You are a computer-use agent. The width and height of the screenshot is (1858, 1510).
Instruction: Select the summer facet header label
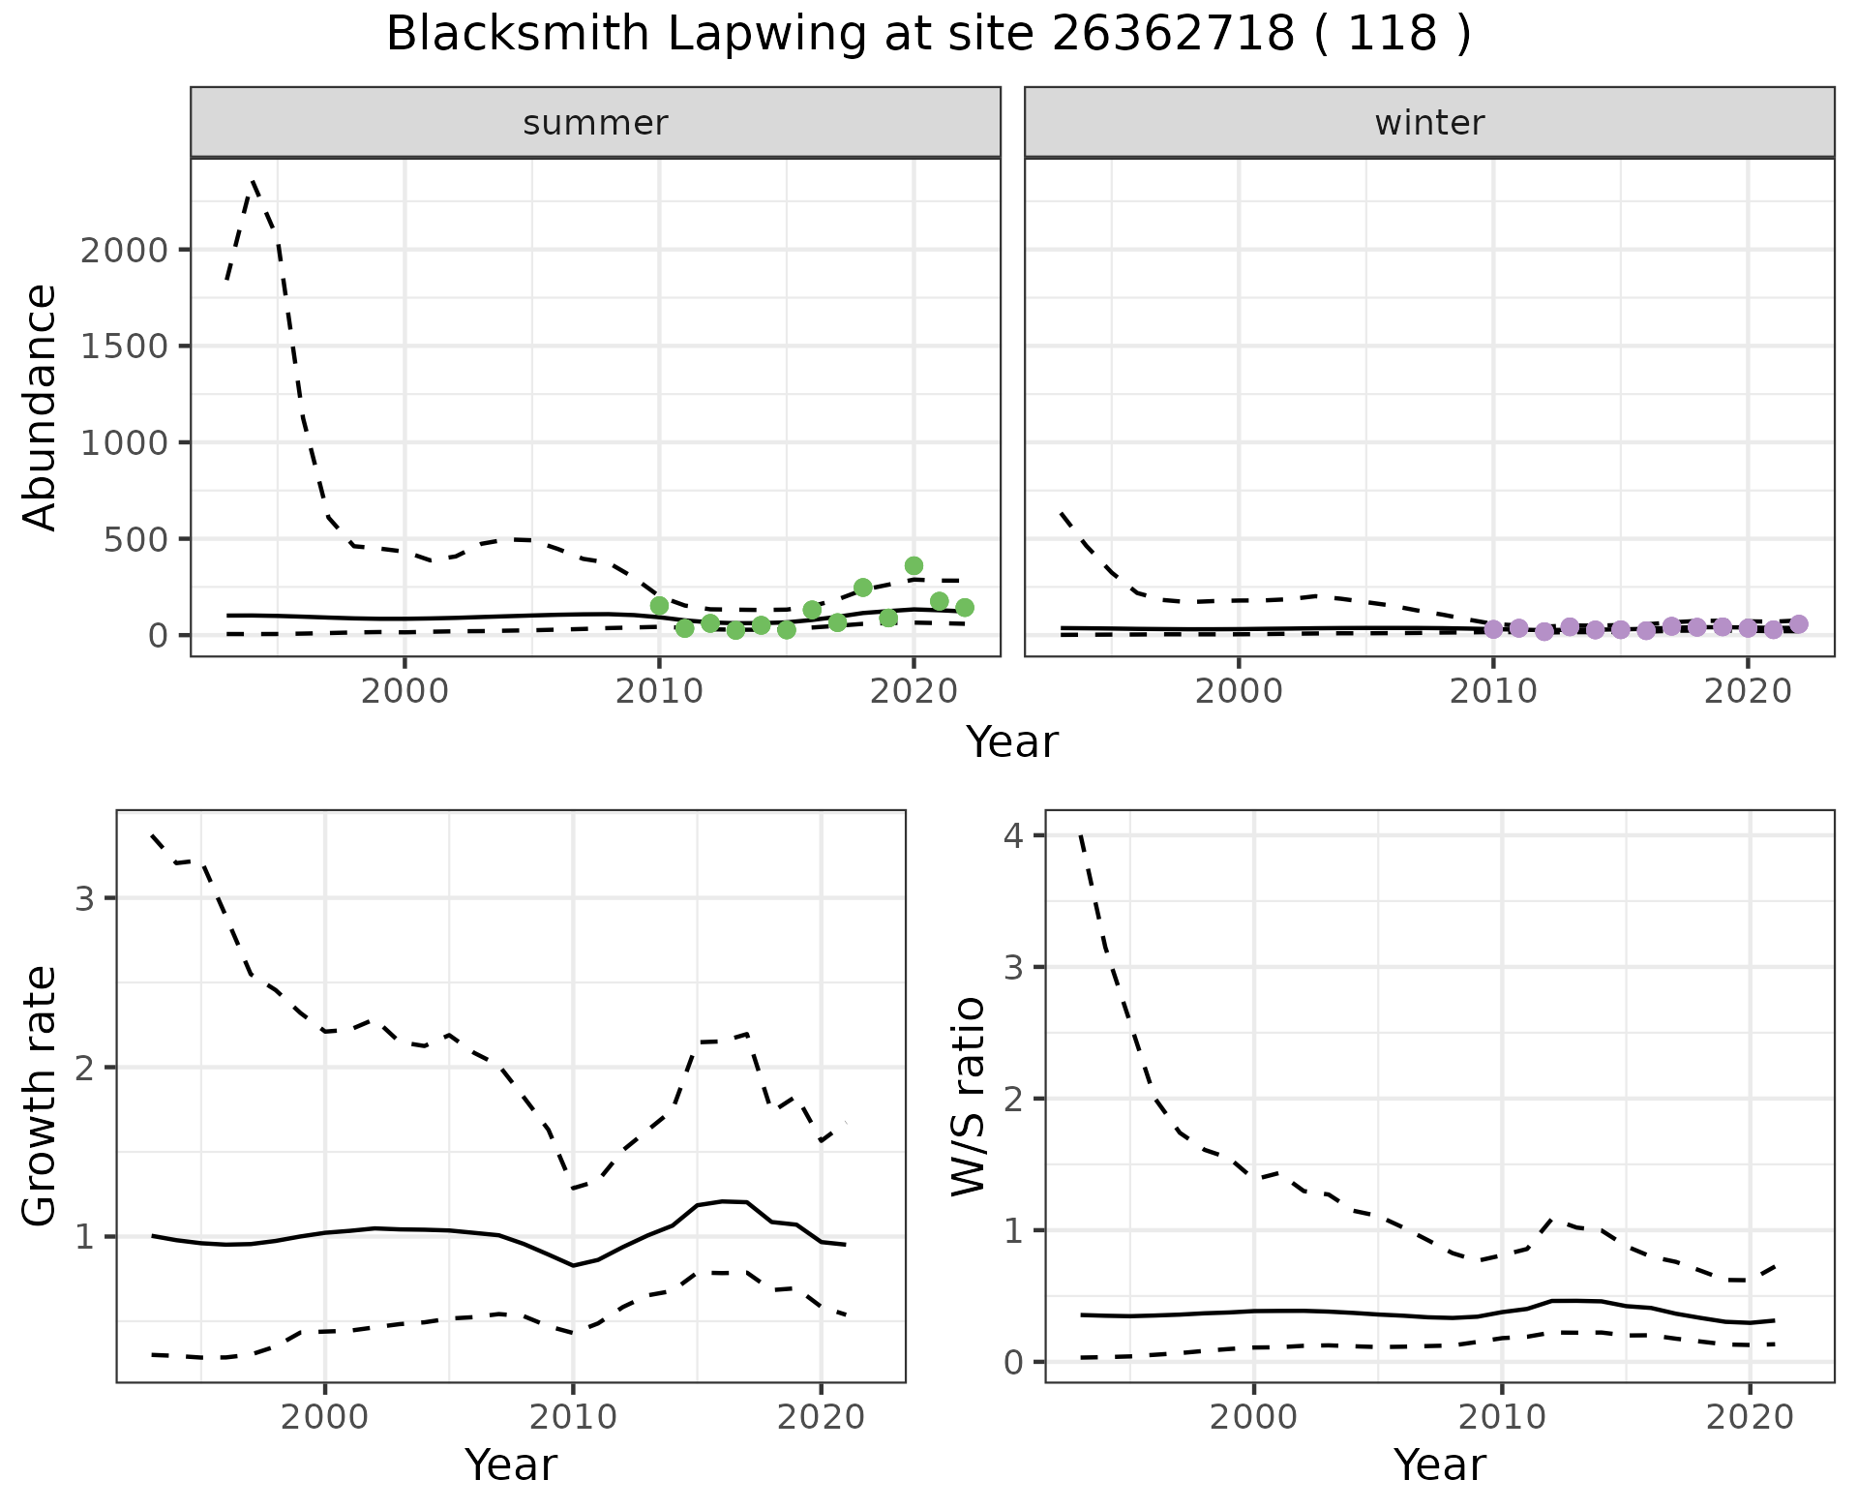click(x=595, y=123)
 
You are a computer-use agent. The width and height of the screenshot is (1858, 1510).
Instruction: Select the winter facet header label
click(x=1429, y=123)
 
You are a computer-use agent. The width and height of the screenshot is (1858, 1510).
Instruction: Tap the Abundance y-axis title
click(x=41, y=407)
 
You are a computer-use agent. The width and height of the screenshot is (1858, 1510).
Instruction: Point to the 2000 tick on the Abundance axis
click(x=124, y=251)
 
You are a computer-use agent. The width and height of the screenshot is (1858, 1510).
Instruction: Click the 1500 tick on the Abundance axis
click(x=124, y=347)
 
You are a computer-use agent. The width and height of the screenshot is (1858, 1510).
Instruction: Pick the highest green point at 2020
click(x=914, y=565)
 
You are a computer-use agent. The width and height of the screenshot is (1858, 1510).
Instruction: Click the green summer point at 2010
click(x=659, y=606)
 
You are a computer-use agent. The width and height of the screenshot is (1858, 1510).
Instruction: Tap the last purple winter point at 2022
click(x=1799, y=624)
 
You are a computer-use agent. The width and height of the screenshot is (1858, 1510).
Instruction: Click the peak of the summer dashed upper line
click(x=253, y=180)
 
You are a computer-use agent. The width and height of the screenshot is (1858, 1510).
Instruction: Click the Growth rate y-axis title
click(x=41, y=1096)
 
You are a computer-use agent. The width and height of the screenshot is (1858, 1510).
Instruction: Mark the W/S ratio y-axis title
click(x=968, y=1096)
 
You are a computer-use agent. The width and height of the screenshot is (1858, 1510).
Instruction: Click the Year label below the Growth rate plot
click(x=511, y=1465)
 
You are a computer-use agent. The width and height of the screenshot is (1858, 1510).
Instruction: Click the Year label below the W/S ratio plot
click(x=1439, y=1465)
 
